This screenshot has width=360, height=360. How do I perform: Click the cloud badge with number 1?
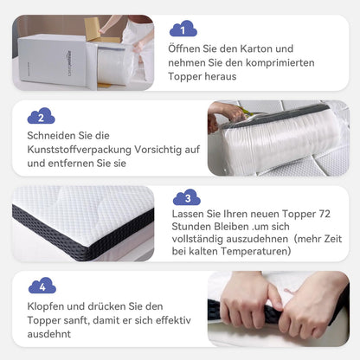coord(183,30)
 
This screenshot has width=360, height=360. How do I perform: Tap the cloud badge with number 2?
coord(40,117)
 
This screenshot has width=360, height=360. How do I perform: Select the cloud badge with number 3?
coord(187,198)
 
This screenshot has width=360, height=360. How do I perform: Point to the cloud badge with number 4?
coord(42,286)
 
